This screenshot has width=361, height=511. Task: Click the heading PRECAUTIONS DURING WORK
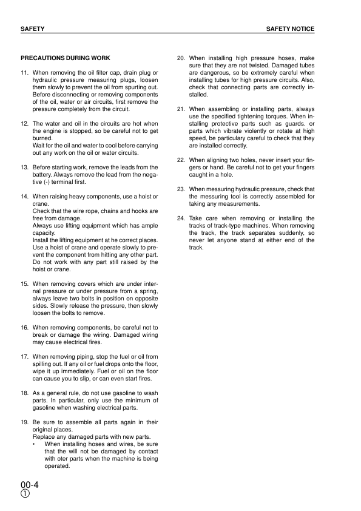(66, 58)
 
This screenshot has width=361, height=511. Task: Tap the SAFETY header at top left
(32, 29)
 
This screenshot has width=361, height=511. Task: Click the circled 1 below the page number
(25, 494)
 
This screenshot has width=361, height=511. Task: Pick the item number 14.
(25, 197)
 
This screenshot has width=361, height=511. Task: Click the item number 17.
(25, 356)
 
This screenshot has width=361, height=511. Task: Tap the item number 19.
(25, 422)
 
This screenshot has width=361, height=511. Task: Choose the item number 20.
(181, 58)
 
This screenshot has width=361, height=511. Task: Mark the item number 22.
(181, 160)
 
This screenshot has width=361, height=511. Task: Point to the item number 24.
(181, 218)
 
